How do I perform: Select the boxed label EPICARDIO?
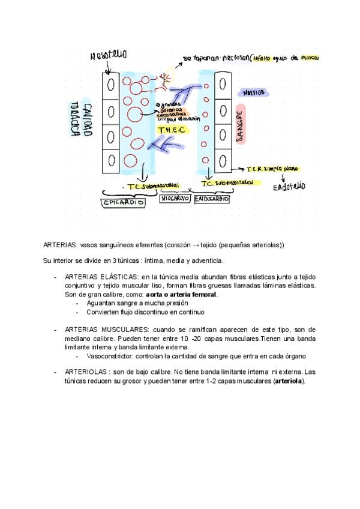[x=123, y=203]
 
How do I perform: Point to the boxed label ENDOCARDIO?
[x=212, y=199]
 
